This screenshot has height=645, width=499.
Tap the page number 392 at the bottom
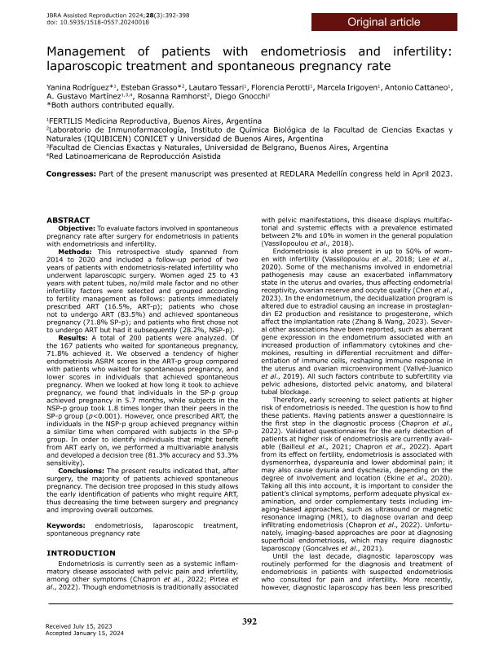tap(250, 622)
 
